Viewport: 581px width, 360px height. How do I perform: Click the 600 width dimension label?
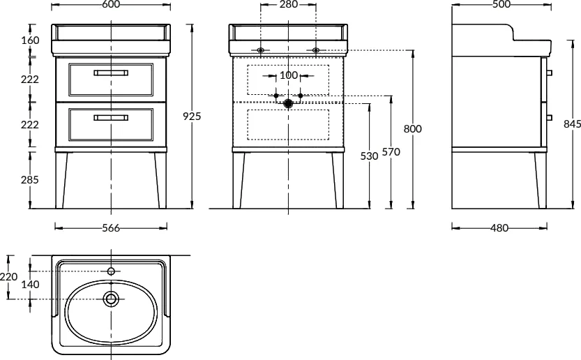point(110,4)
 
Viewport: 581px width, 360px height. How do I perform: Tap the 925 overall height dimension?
point(192,117)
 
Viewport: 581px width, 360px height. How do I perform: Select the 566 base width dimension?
point(111,227)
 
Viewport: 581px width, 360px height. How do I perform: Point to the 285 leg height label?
point(29,180)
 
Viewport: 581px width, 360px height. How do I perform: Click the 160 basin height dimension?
point(30,40)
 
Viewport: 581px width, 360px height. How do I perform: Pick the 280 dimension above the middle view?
point(288,4)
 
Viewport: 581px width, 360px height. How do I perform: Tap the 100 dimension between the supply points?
point(288,75)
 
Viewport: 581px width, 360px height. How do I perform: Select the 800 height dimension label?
point(412,129)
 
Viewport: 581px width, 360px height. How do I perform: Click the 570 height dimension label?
point(391,151)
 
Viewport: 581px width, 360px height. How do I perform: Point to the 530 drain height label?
point(369,156)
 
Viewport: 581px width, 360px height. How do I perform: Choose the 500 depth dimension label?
point(501,4)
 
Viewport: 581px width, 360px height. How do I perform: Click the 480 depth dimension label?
point(499,227)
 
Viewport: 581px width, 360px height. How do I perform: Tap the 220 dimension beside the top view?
point(8,276)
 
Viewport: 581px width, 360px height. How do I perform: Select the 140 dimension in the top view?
point(30,285)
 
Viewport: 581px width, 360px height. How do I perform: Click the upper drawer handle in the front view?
point(111,73)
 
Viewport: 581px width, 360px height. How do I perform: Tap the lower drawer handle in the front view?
point(111,117)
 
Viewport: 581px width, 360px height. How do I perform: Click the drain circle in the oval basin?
point(111,299)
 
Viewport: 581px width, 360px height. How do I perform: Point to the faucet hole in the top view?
point(111,271)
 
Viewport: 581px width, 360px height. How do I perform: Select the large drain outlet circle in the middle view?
point(288,103)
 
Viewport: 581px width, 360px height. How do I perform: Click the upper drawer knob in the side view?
point(550,73)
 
